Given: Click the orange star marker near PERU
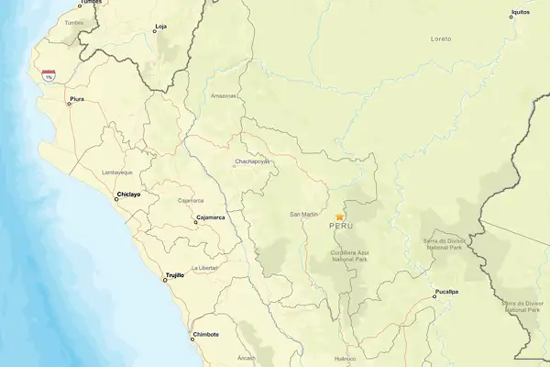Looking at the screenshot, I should coord(339,217).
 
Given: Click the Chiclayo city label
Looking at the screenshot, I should coord(129,194).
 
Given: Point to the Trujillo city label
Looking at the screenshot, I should coord(174,274).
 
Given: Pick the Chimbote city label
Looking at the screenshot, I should coord(205,335).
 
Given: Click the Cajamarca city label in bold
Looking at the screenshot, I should coord(211,217).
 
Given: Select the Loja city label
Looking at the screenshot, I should coord(162,27).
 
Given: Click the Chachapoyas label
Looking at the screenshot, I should coord(253,161).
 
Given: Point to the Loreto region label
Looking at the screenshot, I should coord(441,39).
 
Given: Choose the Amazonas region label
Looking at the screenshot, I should coord(224,95).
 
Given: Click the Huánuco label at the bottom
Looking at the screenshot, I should coord(344,359).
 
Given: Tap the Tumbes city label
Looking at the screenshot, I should coord(90,3).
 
